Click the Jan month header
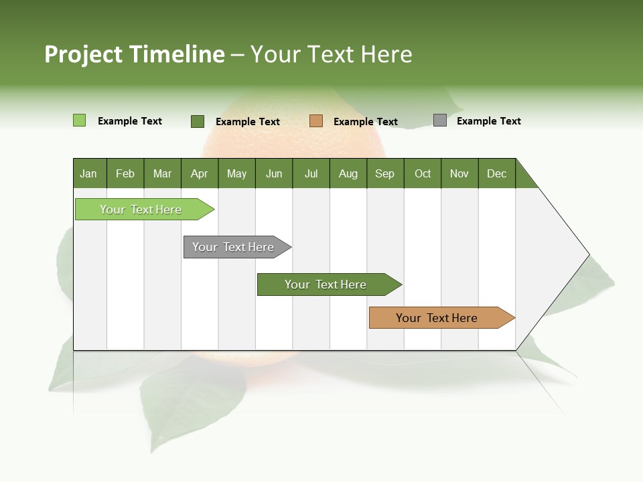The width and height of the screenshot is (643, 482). coord(88,173)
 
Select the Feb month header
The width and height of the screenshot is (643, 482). coord(125,173)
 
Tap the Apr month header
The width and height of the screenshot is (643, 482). coord(199,173)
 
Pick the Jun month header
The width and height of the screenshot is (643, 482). coord(274,173)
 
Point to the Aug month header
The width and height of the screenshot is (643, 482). coord(348,173)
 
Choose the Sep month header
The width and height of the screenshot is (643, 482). coord(384,173)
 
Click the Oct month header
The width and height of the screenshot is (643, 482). coord(423,173)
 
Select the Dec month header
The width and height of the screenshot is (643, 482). coord(496,173)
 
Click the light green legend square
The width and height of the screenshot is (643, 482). coord(79,120)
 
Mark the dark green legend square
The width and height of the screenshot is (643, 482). coord(198,121)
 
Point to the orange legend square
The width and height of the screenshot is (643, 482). coord(316,120)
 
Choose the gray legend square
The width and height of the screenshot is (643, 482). coord(440,120)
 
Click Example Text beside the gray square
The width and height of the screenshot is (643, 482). coord(488,121)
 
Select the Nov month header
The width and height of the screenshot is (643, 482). coord(459,173)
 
